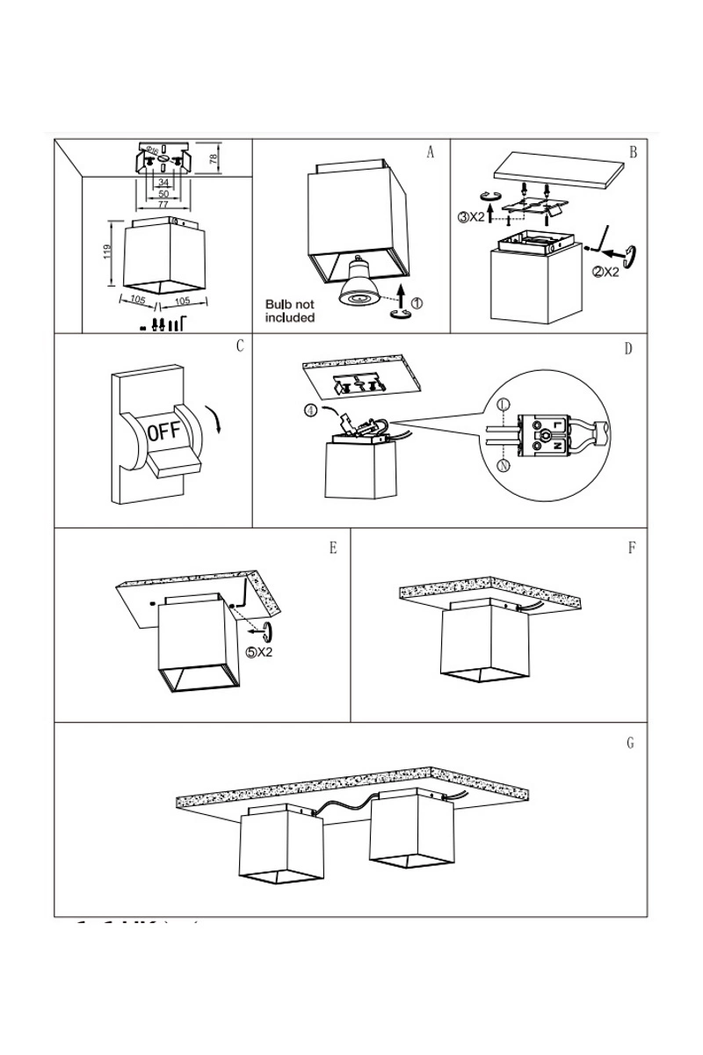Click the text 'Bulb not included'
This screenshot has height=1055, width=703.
289,311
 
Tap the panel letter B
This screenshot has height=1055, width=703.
633,152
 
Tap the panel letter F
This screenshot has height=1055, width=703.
632,548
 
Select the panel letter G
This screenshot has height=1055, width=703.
630,743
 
